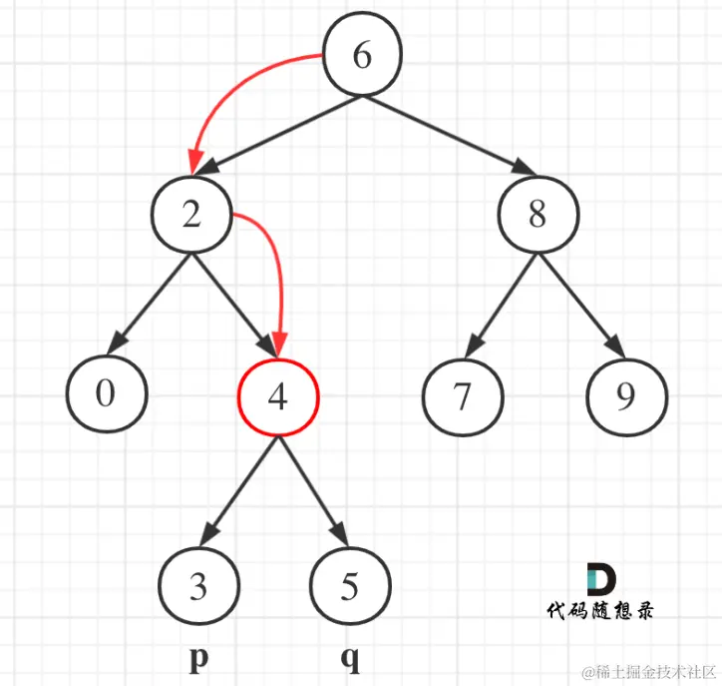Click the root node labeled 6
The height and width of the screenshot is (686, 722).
point(361,56)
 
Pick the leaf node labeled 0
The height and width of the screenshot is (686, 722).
point(107,394)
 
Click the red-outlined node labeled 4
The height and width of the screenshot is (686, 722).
point(277,397)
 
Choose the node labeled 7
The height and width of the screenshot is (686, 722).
point(460,397)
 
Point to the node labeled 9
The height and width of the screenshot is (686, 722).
point(625,397)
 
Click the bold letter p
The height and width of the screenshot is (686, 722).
point(197,659)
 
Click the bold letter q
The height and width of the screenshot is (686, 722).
point(349,659)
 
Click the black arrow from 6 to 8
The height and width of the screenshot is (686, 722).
point(449,134)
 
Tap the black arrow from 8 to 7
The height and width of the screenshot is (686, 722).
point(499,304)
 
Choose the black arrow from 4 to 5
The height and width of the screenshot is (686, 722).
point(313,489)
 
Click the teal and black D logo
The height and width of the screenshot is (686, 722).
point(600,581)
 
